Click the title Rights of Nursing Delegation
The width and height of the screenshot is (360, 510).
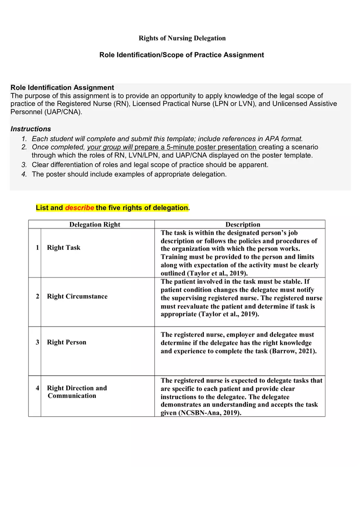tap(182, 38)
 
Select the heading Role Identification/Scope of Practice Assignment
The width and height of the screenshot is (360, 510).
tap(182, 55)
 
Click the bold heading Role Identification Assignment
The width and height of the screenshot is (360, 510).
tap(62, 88)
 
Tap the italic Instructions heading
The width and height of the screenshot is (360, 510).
tap(31, 129)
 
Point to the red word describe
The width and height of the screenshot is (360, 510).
tap(79, 208)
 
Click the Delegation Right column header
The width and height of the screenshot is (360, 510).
tap(94, 224)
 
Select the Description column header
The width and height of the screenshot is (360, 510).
tap(243, 224)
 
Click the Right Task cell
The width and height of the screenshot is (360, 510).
tap(63, 247)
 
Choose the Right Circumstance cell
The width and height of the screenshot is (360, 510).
tap(77, 297)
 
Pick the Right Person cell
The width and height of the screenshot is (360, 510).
tap(66, 342)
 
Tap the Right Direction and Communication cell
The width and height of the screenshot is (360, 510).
tap(76, 392)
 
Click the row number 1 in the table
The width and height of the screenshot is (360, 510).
tap(37, 247)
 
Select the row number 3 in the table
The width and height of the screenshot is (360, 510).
tap(37, 342)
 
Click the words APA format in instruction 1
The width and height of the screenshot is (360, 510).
tap(283, 139)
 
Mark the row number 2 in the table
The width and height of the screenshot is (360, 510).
tap(37, 297)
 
